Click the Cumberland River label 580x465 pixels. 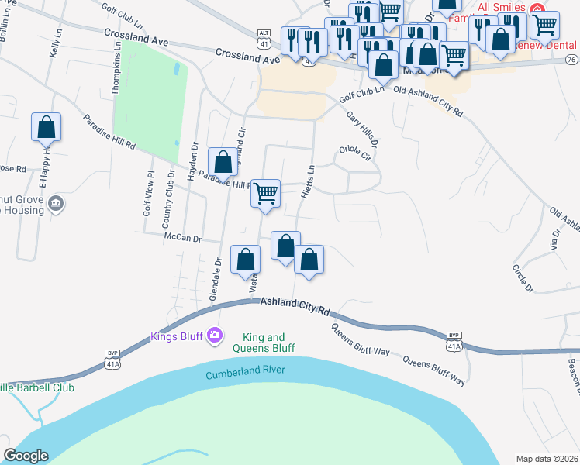click(x=245, y=373)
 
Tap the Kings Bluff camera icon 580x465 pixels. click(x=215, y=336)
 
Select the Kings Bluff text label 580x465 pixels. click(x=178, y=336)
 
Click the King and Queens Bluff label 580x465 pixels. click(x=264, y=343)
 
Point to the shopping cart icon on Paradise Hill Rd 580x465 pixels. click(x=266, y=193)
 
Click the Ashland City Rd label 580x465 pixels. click(x=295, y=306)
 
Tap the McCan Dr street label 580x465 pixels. click(x=182, y=239)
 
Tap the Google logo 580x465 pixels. click(x=26, y=456)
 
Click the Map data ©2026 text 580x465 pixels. click(x=546, y=458)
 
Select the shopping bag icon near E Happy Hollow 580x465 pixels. click(x=47, y=127)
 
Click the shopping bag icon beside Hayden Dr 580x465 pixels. click(x=223, y=162)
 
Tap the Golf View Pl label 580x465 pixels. click(x=150, y=194)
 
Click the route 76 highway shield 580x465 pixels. click(x=571, y=60)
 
